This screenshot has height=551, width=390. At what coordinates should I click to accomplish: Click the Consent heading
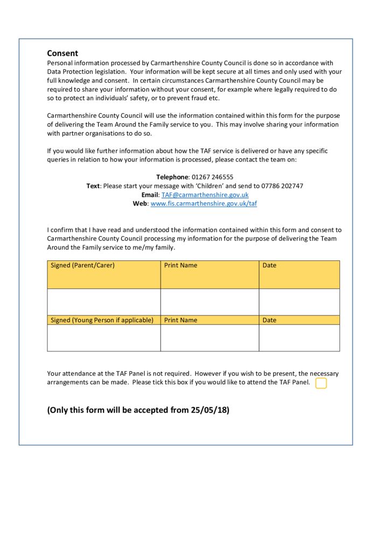62,53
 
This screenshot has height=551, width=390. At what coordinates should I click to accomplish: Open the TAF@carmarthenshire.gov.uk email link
205,195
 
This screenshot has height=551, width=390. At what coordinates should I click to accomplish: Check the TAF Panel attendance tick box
321,383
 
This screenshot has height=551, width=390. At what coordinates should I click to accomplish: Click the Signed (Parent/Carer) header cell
82,265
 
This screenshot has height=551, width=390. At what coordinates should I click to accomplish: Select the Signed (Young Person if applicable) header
102,320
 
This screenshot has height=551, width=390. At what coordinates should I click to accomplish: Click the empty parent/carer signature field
103,301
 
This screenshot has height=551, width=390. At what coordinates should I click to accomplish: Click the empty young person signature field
103,338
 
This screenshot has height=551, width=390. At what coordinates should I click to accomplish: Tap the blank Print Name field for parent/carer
210,301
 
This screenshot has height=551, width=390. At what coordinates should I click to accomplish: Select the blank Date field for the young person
299,338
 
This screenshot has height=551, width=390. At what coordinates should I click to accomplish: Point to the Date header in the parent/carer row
269,265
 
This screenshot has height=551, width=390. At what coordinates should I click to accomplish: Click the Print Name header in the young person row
180,320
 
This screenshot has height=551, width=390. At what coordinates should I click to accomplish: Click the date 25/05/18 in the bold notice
210,410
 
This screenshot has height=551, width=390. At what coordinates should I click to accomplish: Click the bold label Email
150,195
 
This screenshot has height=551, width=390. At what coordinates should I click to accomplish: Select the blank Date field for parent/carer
299,301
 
